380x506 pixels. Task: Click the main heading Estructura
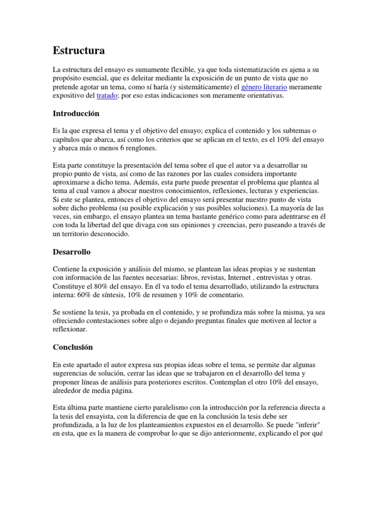coord(79,50)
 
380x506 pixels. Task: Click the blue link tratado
coord(107,96)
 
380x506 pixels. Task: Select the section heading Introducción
coord(76,113)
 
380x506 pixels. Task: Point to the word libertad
coord(107,226)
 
